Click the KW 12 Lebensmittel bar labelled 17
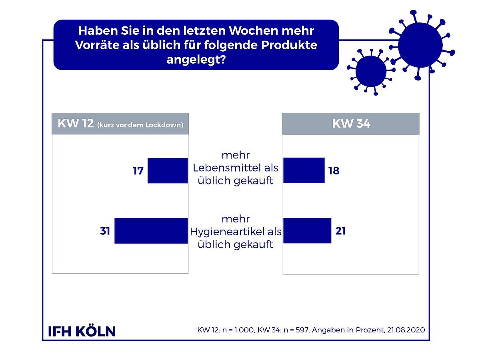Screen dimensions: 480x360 point(168,170)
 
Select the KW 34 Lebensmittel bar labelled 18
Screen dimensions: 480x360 point(304,170)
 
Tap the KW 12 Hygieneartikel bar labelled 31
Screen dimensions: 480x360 point(151,231)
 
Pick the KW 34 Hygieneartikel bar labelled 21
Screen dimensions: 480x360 point(307,231)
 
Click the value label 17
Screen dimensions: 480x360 point(138,171)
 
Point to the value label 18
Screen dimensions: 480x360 point(334,170)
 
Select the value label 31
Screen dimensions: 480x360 point(105,231)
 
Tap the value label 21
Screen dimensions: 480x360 point(340,231)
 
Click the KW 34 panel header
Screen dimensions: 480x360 point(351,124)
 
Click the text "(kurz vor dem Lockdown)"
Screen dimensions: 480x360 point(140,125)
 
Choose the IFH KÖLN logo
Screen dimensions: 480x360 point(82,331)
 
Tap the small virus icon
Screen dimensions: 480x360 point(371,72)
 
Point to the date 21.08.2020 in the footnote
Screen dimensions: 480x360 point(406,330)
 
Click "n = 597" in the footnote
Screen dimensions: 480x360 point(296,330)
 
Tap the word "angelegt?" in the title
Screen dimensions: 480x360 point(196,60)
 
